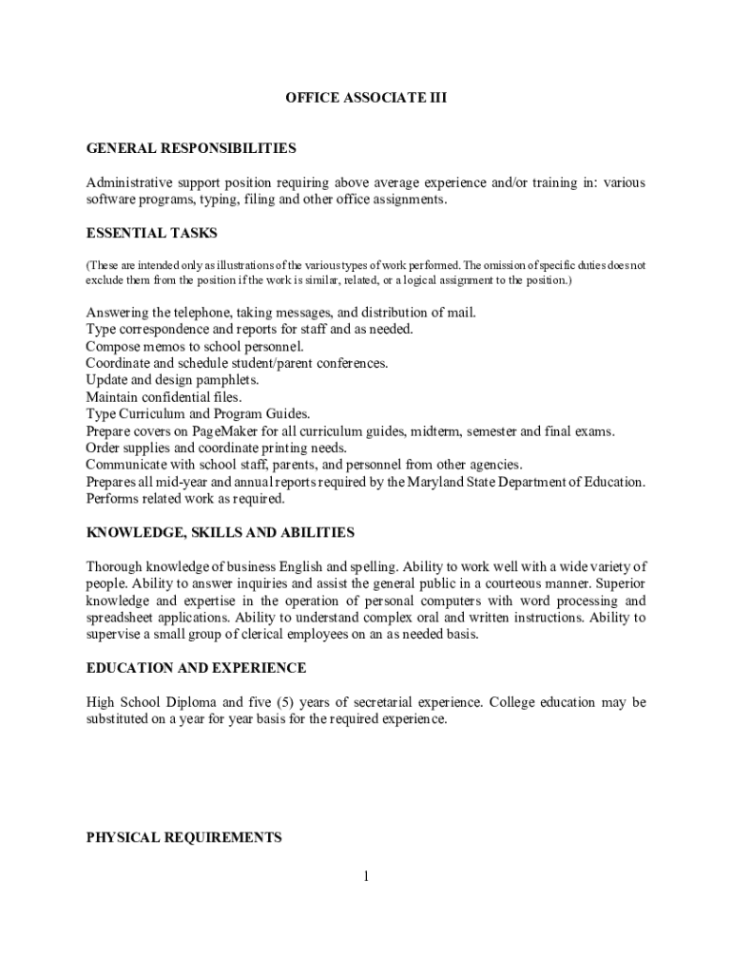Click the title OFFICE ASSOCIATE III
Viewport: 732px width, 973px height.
point(366,97)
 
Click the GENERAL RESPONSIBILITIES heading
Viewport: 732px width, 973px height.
point(191,148)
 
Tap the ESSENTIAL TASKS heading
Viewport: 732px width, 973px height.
point(151,233)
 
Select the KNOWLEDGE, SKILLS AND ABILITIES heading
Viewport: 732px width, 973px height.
point(221,532)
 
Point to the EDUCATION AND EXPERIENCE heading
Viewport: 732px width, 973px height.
point(196,668)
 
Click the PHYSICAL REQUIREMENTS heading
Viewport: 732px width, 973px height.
point(183,837)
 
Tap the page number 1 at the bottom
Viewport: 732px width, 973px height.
point(365,876)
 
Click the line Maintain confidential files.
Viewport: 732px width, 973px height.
point(164,396)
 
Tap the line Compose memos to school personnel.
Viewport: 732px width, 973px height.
point(195,346)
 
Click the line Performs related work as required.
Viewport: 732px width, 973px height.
point(185,498)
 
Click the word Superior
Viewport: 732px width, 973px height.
point(621,584)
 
